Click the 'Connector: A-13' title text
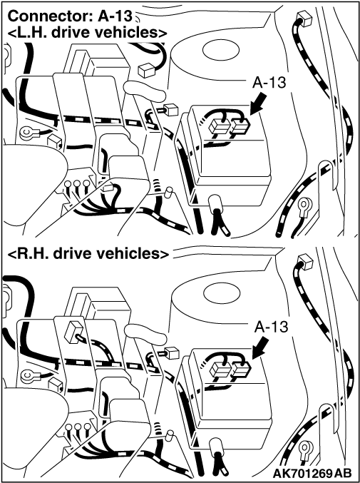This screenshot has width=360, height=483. coord(70,16)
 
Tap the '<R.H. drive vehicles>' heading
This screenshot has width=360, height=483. coord(88,253)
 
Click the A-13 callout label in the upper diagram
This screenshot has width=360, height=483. coord(269,83)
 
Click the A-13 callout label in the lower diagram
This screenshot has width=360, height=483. coord(271,327)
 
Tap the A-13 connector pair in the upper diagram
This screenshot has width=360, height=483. coord(230,126)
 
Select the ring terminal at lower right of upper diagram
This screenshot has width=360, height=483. coord(305,205)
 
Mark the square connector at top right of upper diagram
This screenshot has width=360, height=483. coord(304,19)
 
